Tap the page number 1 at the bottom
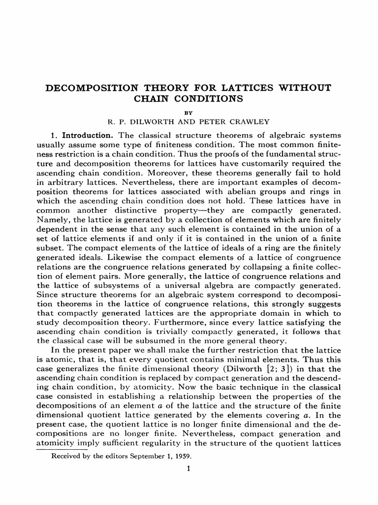(x=189, y=469)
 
